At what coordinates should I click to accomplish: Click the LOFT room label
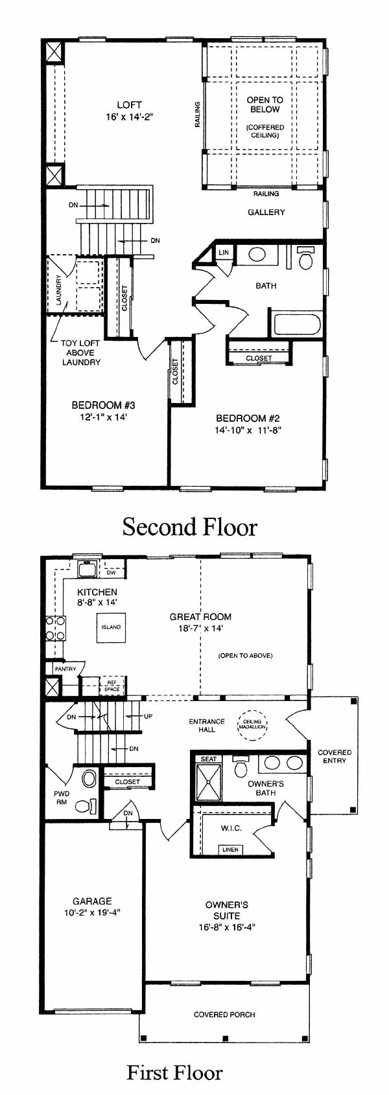pos(130,104)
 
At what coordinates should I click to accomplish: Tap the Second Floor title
pos(190,527)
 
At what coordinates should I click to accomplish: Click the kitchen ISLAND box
pos(111,627)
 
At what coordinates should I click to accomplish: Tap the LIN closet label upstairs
pos(224,253)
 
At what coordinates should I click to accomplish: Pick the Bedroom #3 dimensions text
pos(103,417)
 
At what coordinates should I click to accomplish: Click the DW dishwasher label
pos(111,572)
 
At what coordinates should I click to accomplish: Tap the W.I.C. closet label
pos(231,827)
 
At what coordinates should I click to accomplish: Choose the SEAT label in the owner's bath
pos(209,759)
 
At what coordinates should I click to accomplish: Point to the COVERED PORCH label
pos(224,1015)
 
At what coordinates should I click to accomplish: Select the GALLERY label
pos(266,212)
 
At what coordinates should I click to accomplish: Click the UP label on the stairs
pos(148,716)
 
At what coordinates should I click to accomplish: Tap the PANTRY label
pos(65,668)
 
